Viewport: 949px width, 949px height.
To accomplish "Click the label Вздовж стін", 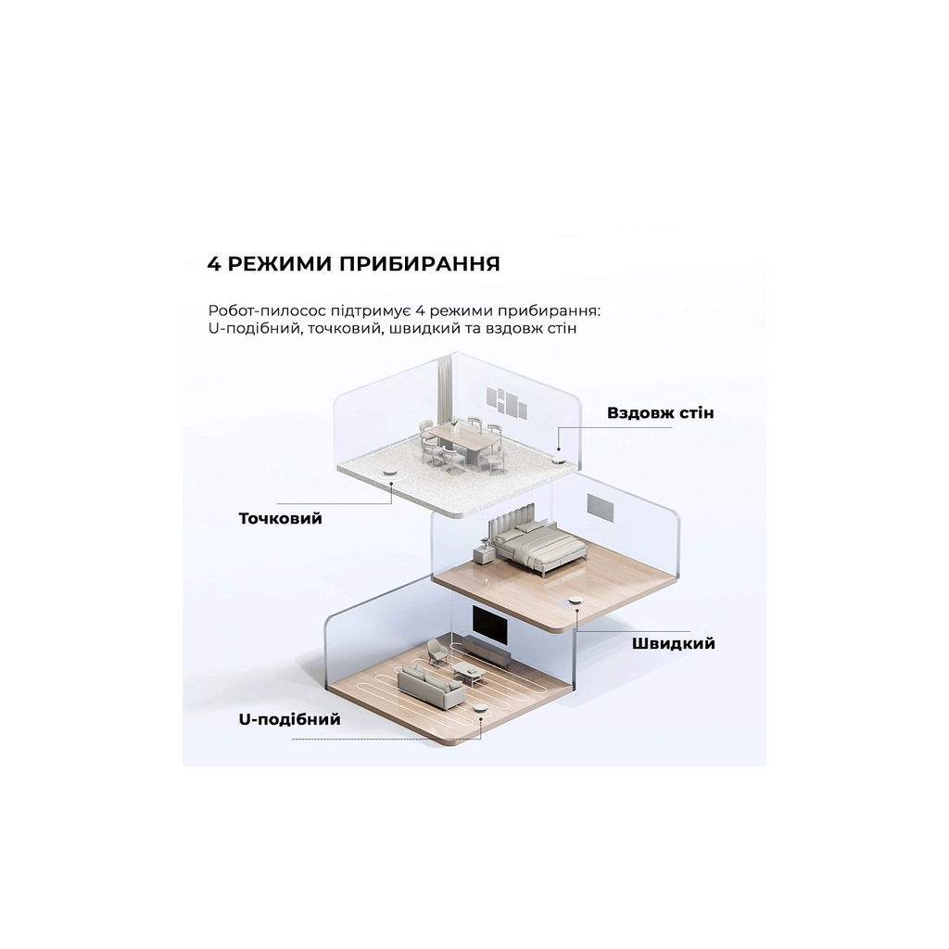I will pos(660,411).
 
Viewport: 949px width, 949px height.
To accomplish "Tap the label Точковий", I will pos(280,518).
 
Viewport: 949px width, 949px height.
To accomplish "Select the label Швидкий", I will pos(673,643).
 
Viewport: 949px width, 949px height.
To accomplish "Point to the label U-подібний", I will pos(289,719).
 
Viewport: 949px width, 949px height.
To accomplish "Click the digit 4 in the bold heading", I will pos(214,263).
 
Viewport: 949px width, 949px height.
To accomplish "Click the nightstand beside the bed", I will pos(482,555).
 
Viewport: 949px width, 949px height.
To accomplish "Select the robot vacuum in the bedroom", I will pos(576,601).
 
